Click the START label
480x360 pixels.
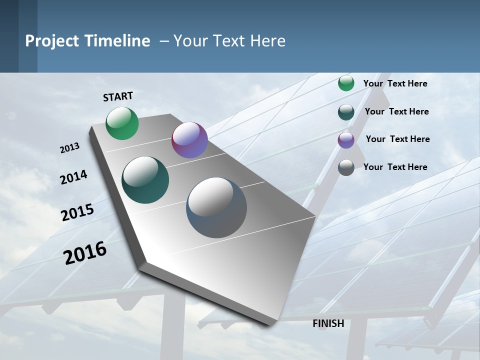(x=118, y=96)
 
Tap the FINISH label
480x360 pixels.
(x=328, y=323)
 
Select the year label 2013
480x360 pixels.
(x=69, y=148)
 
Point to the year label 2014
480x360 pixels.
(x=73, y=177)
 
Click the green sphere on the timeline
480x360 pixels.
(x=122, y=123)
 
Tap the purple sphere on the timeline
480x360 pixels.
(x=189, y=140)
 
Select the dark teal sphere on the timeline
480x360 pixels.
(x=145, y=180)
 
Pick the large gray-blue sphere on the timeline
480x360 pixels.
(x=216, y=207)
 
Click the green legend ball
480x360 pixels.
(x=346, y=83)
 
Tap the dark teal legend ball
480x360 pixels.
(x=346, y=112)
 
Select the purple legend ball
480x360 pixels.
(x=346, y=140)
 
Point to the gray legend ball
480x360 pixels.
(x=346, y=167)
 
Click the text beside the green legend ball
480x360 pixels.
(x=395, y=83)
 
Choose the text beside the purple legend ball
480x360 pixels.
(x=397, y=139)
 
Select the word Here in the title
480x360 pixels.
(x=267, y=41)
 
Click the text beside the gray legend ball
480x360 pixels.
(x=395, y=167)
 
